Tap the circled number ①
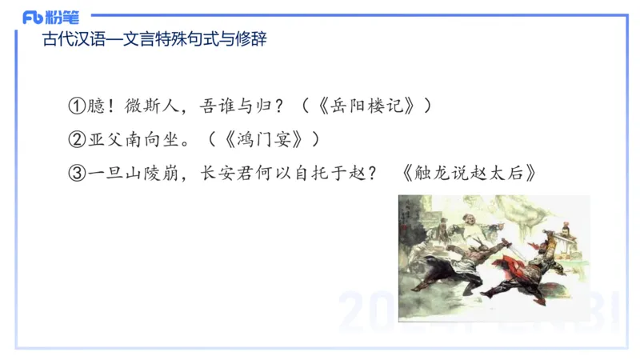pyautogui.click(x=77, y=106)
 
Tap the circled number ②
pyautogui.click(x=77, y=139)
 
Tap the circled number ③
pyautogui.click(x=77, y=172)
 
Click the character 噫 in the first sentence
pyautogui.click(x=96, y=106)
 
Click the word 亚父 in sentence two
pyautogui.click(x=106, y=139)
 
